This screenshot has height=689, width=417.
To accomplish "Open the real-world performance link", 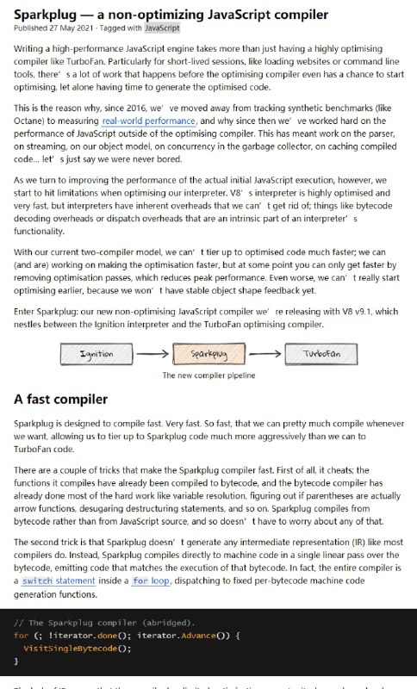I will (148, 121).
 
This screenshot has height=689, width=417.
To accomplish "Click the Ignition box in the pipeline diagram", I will (96, 354).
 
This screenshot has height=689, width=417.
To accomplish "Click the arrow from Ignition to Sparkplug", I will (152, 354).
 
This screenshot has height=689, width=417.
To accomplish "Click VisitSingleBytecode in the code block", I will (77, 648).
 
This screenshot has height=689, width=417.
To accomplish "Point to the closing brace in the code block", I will (16, 661).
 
